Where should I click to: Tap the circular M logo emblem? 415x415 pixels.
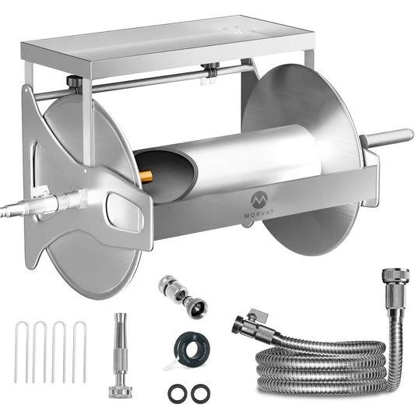[259, 200]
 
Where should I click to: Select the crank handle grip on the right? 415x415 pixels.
[387, 136]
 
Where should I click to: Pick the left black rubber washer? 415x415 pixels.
[176, 392]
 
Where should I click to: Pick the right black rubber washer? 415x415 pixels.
[200, 392]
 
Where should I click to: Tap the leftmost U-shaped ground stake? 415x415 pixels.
[21, 352]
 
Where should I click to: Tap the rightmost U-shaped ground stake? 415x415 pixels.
[79, 352]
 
